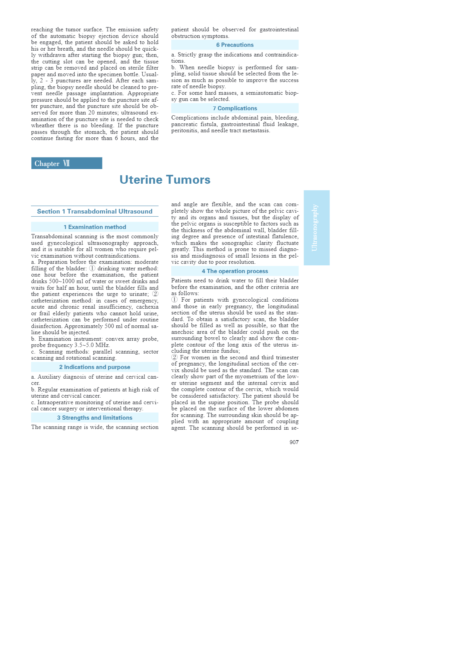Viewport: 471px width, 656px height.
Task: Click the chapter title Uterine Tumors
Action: (x=165, y=180)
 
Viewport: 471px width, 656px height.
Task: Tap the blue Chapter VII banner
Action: (x=67, y=163)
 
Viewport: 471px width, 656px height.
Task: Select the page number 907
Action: (x=294, y=442)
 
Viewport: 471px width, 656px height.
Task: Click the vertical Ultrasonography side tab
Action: (x=316, y=227)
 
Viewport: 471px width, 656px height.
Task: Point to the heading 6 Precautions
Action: (x=235, y=45)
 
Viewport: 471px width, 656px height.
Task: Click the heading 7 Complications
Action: (x=235, y=108)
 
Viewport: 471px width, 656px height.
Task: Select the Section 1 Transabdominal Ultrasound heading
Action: (x=95, y=211)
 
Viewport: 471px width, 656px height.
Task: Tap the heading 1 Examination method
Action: (x=95, y=227)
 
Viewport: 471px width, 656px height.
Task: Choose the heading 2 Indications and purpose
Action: (x=95, y=367)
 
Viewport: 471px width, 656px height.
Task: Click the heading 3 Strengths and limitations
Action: (x=95, y=418)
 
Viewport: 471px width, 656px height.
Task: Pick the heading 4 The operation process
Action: (x=235, y=271)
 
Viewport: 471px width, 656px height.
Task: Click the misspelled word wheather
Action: (x=43, y=125)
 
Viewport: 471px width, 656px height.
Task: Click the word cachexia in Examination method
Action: (x=147, y=307)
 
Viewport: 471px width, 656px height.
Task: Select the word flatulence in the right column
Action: (x=281, y=236)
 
